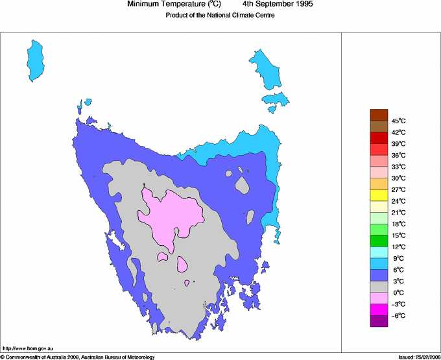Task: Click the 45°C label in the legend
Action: (398, 121)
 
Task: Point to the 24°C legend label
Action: (398, 201)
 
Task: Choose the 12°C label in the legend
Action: (398, 247)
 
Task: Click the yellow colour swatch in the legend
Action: (379, 195)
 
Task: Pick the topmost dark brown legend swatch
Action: (379, 115)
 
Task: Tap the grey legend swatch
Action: (379, 287)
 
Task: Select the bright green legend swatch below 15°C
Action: (379, 241)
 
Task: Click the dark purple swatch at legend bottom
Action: (379, 320)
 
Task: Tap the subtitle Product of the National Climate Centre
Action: (220, 16)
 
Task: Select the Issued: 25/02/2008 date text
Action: (418, 357)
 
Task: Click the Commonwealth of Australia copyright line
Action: (78, 357)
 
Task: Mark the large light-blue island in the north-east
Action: (266, 69)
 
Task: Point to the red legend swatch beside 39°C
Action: (379, 138)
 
